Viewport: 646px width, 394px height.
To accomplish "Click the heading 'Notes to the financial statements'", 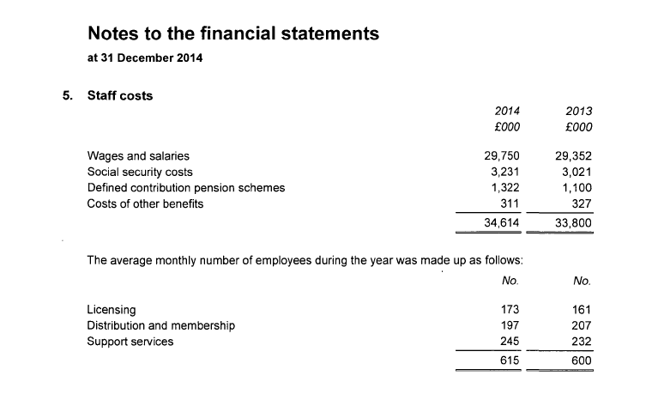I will click(x=232, y=34).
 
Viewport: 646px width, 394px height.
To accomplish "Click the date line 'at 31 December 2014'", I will click(x=145, y=59).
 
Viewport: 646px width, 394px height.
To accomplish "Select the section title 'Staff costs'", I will click(x=120, y=95).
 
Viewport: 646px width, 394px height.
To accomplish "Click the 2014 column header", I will click(x=507, y=112).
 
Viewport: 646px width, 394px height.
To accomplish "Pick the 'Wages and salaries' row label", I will click(x=138, y=156).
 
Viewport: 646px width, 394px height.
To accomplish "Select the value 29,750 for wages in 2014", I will click(x=502, y=156).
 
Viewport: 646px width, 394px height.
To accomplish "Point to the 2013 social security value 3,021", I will click(x=577, y=172).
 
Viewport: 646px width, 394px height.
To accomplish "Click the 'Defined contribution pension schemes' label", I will click(x=186, y=187).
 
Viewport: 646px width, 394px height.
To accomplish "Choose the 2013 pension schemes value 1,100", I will click(x=577, y=187).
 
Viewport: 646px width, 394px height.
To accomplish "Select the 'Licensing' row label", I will click(x=112, y=309).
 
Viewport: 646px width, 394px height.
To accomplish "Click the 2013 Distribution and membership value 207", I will click(x=581, y=325).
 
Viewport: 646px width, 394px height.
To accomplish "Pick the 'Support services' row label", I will click(x=130, y=342).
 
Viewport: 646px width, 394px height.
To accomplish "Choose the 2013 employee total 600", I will click(x=581, y=361).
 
